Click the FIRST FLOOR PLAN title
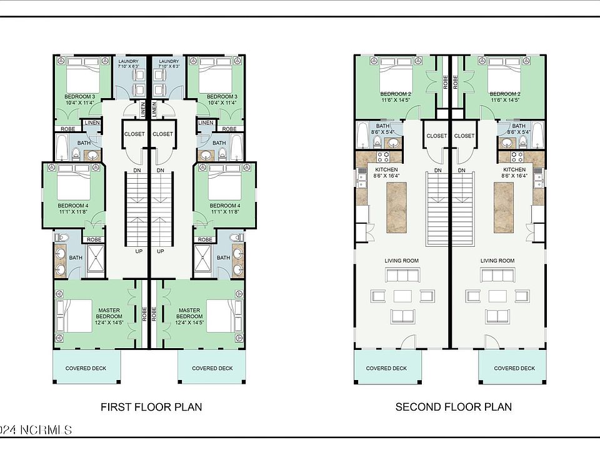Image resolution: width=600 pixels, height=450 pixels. point(151,407)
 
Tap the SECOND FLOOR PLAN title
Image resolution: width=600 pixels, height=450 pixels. point(454,407)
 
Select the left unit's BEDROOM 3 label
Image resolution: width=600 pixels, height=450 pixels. point(79,99)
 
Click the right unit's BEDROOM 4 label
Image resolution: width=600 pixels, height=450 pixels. point(225,209)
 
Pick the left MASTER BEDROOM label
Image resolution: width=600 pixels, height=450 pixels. point(109,316)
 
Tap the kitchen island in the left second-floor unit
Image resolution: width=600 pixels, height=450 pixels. point(396,207)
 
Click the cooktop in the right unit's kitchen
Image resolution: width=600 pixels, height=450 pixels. point(517,157)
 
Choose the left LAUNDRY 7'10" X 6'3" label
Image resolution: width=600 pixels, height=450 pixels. point(128,64)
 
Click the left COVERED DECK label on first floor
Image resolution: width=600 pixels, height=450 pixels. point(86,368)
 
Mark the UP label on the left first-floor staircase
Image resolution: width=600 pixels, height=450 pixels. point(139,251)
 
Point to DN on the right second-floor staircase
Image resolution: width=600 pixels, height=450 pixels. point(461,170)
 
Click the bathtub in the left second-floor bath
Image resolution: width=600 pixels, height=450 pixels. point(362,135)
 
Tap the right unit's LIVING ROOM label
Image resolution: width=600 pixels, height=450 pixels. point(497,261)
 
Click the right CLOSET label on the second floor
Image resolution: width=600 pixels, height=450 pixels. point(464,136)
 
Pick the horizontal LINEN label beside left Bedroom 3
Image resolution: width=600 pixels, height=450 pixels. point(92,123)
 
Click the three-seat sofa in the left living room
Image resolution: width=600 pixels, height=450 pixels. point(402,275)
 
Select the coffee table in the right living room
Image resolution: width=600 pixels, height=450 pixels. point(497,296)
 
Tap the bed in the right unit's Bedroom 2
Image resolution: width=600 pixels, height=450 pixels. point(505,76)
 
